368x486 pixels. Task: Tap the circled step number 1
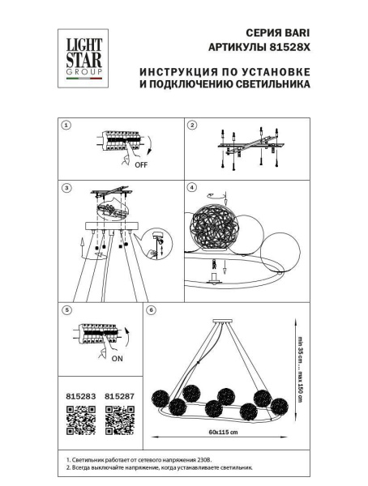[67, 125]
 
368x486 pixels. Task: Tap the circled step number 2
[192, 125]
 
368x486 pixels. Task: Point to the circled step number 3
[67, 188]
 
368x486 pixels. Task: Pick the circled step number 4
[192, 188]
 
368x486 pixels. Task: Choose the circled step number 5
[67, 309]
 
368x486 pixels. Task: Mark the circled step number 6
[150, 309]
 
